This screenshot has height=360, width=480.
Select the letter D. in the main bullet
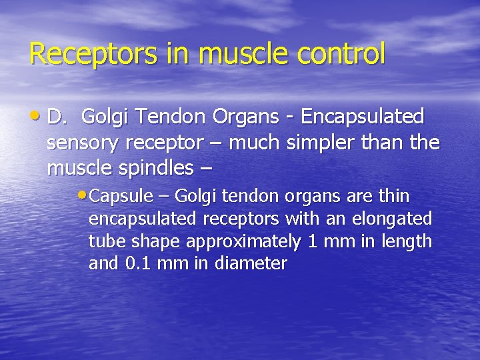click(x=59, y=117)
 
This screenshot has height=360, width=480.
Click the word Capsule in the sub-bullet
click(x=115, y=197)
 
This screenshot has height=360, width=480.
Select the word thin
click(x=395, y=197)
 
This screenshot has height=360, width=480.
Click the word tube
click(x=104, y=241)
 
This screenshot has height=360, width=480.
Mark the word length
click(x=407, y=241)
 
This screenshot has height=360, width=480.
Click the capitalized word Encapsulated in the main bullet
click(x=362, y=117)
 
